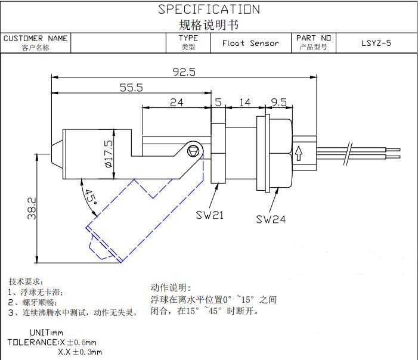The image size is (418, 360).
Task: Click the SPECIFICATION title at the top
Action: (209, 10)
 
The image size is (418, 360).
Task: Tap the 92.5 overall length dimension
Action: (184, 72)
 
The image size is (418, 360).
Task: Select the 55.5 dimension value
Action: (131, 88)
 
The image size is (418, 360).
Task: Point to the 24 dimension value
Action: (177, 102)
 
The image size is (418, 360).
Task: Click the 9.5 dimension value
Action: (279, 102)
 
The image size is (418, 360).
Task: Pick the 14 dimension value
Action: (244, 102)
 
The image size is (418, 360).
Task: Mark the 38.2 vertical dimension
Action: (32, 209)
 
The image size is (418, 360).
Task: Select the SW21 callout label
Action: (210, 215)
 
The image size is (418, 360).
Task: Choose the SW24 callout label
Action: (271, 219)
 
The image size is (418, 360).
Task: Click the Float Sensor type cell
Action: (250, 43)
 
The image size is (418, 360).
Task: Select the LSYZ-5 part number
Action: (376, 43)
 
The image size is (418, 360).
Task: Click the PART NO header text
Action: (314, 38)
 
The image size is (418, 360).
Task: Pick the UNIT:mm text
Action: (46, 332)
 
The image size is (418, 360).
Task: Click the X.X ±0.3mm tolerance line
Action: (80, 352)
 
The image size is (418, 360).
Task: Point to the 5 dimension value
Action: (218, 102)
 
